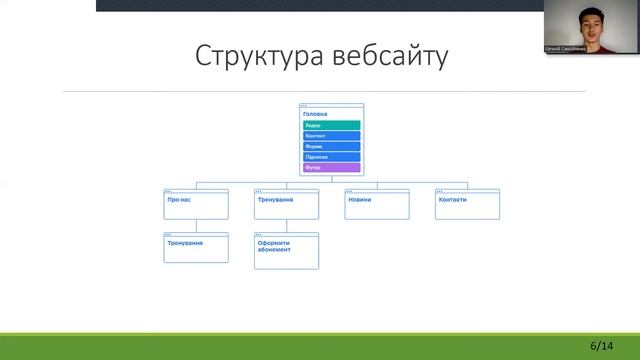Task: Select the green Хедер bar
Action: [331, 125]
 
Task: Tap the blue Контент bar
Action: [331, 136]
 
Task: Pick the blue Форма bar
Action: [331, 147]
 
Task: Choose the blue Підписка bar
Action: [331, 157]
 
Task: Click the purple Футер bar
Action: [331, 168]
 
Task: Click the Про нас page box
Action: [196, 205]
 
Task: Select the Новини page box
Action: [377, 205]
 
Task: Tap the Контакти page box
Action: [467, 205]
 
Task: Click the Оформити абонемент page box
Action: [286, 251]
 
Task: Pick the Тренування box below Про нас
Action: [196, 248]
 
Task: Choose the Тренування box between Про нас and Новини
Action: [286, 205]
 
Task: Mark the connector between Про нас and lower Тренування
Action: [196, 226]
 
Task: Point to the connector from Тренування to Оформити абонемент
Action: [286, 226]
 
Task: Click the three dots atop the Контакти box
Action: [440, 190]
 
